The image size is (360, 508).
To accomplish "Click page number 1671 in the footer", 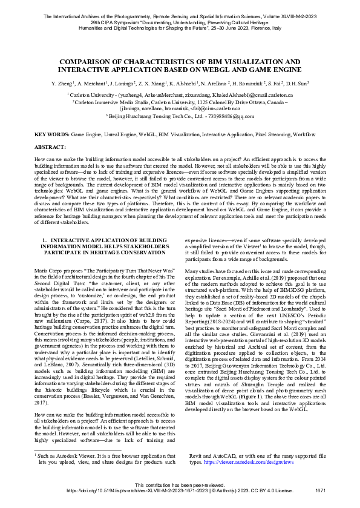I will coord(321,490).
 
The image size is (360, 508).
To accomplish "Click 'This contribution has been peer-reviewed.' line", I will coord(180,485).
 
